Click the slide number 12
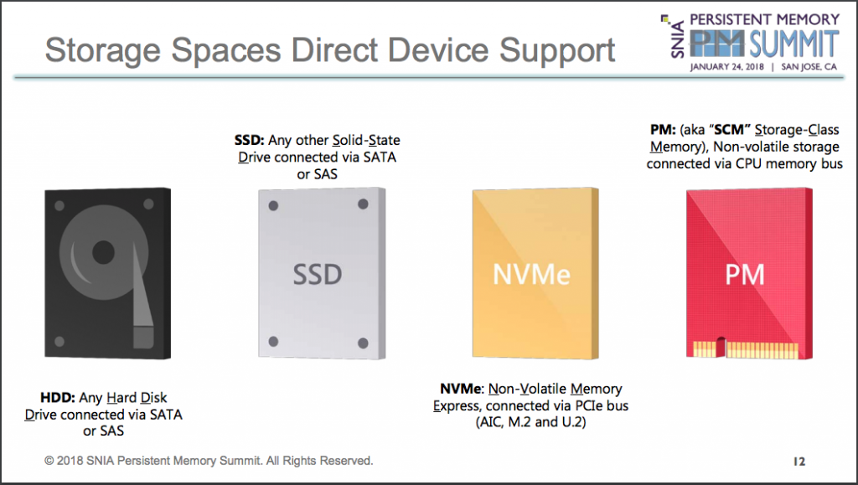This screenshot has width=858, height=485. [799, 462]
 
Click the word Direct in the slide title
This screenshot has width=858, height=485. [334, 50]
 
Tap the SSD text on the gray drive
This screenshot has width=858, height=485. [318, 275]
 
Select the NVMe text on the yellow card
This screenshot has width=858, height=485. [531, 275]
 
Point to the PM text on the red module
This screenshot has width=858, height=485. [745, 275]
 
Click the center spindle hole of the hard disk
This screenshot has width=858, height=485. [103, 253]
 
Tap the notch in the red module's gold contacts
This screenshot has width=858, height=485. [721, 347]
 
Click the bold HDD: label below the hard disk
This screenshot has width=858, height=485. [58, 398]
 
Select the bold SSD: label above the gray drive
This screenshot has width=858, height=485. [250, 140]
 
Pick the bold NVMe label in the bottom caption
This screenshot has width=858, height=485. [461, 389]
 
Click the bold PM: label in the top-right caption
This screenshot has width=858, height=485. [663, 130]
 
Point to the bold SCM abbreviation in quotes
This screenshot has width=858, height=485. [729, 130]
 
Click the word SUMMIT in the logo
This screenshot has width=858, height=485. [794, 44]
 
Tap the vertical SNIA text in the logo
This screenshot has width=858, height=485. [677, 39]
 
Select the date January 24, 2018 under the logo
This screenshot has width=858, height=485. [726, 67]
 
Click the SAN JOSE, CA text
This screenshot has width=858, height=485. [809, 67]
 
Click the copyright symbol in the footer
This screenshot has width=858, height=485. [49, 461]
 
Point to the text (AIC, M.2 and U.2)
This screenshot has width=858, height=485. [530, 422]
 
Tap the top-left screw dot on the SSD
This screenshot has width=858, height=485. [274, 205]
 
